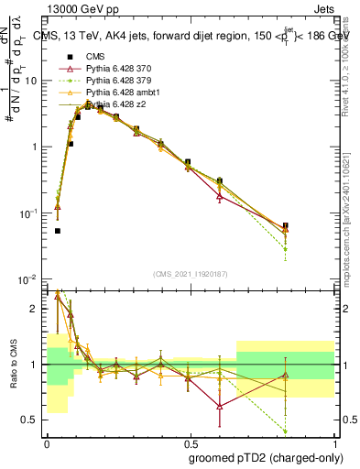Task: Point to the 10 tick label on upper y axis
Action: (30, 81)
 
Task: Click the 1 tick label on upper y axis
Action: (34, 147)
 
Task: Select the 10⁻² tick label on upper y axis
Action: (29, 278)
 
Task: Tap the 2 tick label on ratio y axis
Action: (35, 309)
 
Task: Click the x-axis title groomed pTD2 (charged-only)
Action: (267, 457)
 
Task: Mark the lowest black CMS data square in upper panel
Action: (58, 231)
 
